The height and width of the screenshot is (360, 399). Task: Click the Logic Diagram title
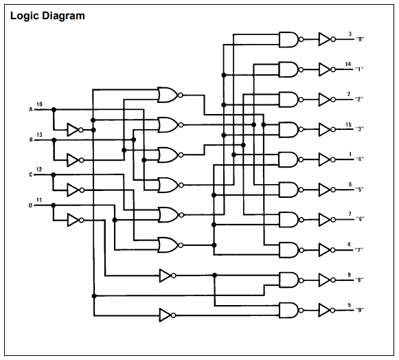47,16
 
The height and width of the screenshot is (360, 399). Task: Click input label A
31,109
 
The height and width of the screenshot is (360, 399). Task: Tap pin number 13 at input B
39,135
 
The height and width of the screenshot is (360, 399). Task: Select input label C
31,175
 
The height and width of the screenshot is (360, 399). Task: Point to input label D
30,205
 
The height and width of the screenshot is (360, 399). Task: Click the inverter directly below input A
75,130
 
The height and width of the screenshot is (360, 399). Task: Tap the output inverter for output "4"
327,159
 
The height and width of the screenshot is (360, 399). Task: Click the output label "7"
359,250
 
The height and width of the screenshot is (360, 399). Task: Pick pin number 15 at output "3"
348,125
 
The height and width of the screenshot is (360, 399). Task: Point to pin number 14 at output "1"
348,64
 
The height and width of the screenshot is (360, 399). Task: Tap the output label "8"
359,280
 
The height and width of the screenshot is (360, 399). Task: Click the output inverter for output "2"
327,100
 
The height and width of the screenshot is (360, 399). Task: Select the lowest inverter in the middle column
168,315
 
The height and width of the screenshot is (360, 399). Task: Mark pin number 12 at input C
39,169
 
